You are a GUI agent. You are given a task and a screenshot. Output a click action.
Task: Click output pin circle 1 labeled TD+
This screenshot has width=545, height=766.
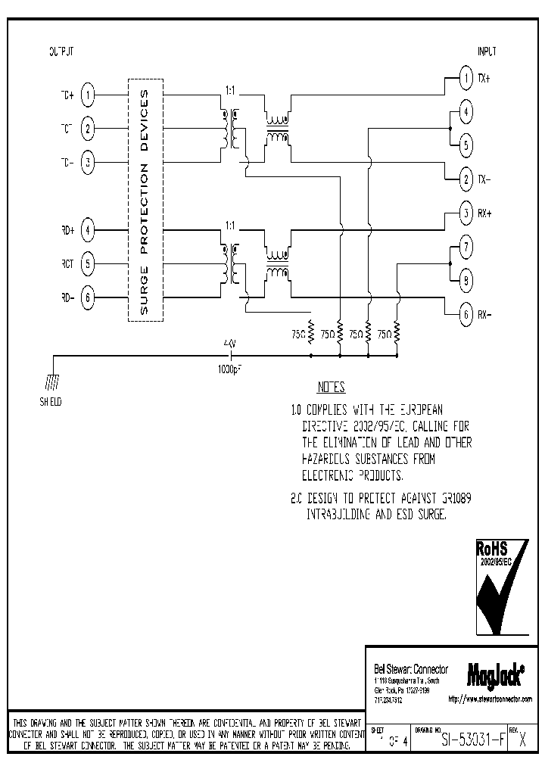89,95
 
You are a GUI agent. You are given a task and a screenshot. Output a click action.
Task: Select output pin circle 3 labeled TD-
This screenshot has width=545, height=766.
89,161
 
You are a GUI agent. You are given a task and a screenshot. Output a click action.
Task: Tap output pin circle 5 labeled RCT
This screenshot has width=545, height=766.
89,263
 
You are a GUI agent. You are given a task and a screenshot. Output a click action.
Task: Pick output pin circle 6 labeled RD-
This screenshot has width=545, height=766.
89,297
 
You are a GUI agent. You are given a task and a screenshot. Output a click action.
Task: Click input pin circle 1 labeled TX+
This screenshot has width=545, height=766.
466,78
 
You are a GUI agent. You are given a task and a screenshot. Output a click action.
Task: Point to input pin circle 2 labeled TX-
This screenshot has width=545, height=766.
466,179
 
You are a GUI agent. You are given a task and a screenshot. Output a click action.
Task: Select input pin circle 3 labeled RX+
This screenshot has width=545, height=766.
466,213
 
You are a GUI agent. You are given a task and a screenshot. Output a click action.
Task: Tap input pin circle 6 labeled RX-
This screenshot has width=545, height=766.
466,313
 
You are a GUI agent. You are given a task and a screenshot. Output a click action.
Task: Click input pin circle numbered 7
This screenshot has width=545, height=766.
466,247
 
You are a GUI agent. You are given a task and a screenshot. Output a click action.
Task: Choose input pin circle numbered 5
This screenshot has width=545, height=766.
466,145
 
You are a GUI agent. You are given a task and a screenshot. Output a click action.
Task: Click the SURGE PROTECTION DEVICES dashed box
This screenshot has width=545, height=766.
145,200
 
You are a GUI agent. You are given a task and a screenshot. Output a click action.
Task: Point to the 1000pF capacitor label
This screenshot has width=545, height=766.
230,369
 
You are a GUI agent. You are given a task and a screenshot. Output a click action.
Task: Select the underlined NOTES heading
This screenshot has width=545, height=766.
331,388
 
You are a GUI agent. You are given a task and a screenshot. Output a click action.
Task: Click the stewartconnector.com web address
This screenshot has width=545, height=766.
490,699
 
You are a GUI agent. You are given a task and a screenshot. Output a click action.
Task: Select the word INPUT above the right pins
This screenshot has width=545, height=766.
487,51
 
